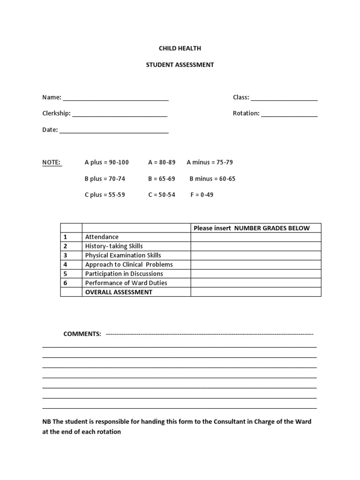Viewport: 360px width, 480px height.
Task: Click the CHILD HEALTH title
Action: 180,48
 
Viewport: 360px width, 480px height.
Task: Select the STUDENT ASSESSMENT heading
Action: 180,65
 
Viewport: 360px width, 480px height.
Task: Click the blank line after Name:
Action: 116,98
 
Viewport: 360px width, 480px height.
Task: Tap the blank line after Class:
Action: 284,98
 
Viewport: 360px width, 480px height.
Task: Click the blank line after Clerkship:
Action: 120,114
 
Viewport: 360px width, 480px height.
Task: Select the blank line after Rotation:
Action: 289,114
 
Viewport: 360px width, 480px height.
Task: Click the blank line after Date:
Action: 114,131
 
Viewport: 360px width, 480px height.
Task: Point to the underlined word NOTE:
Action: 52,162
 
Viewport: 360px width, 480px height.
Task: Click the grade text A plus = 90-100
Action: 106,162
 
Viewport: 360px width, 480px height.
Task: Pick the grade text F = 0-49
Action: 202,195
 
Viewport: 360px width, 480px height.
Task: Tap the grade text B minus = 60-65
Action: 212,179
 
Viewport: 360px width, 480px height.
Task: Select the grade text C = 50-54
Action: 162,195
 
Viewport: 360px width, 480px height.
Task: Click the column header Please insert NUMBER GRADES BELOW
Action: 252,228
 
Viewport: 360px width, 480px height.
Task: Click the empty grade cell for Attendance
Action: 255,237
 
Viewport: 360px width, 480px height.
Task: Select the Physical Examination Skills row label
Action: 123,255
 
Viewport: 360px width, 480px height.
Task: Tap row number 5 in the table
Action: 66,274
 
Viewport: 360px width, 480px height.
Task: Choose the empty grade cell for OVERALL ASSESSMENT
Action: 255,292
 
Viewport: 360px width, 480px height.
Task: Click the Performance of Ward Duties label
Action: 126,283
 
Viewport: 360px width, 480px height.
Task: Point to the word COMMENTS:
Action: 82,334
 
